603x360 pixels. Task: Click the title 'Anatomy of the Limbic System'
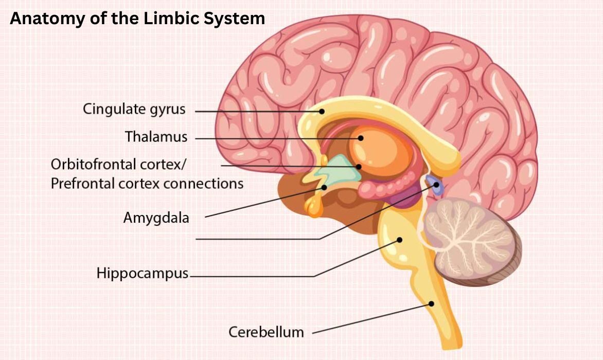click(137, 19)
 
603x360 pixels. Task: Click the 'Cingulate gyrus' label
click(134, 109)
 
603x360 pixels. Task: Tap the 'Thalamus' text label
click(156, 137)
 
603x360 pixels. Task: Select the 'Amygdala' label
click(156, 218)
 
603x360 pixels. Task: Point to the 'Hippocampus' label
click(143, 273)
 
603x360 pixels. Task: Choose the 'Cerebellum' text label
click(266, 332)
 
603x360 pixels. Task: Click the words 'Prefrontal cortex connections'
click(147, 183)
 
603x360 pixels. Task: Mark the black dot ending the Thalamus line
click(361, 138)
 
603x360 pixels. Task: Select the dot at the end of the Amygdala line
click(325, 187)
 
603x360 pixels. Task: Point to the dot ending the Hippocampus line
click(399, 239)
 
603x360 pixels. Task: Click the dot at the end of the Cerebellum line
click(431, 303)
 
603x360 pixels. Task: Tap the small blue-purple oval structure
click(436, 186)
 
